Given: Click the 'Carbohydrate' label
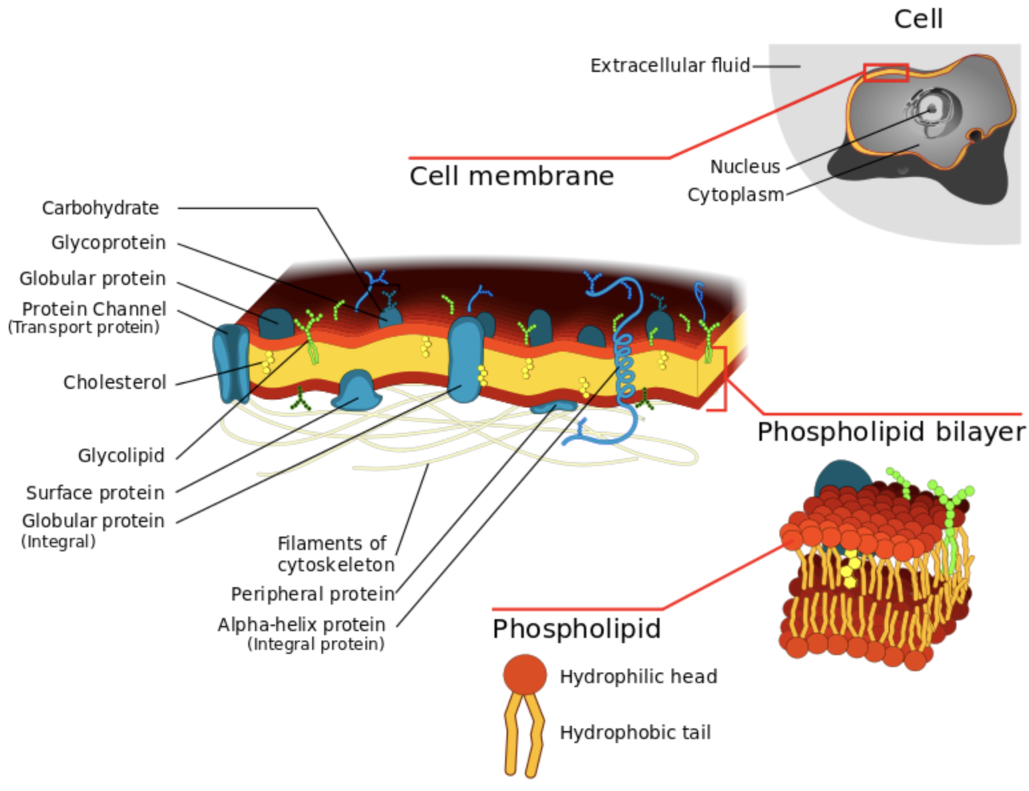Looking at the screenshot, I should click(x=100, y=208).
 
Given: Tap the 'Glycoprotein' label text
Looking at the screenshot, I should click(x=108, y=243).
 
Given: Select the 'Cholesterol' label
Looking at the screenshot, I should click(x=114, y=383).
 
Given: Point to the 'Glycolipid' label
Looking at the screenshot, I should click(x=120, y=456).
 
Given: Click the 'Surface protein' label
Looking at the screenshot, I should click(x=95, y=493).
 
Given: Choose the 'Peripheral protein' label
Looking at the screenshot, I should click(x=312, y=594).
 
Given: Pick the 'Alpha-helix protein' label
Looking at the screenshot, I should click(x=301, y=625).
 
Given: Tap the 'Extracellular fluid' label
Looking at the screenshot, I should click(x=670, y=66).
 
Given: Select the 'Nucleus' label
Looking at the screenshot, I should click(x=744, y=166).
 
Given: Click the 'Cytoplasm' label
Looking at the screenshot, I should click(x=735, y=195).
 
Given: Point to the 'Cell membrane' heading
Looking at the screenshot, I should click(x=511, y=176).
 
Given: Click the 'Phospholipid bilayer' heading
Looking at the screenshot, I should click(x=891, y=432).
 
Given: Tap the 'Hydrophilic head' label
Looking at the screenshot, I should click(x=638, y=677).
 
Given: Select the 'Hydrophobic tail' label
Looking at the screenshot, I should click(x=635, y=733).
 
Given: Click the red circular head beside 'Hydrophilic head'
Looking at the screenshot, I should click(x=524, y=674).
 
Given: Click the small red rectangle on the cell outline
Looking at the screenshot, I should click(x=885, y=73).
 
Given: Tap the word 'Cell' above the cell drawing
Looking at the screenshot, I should click(x=918, y=19).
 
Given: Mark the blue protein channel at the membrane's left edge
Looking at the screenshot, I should click(x=230, y=363).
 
